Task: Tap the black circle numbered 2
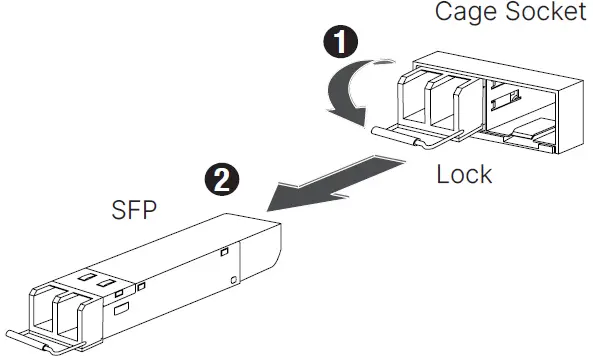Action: [x=224, y=179]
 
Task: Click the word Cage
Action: [x=464, y=14]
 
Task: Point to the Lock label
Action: [x=464, y=174]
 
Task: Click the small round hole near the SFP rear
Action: [x=232, y=279]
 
